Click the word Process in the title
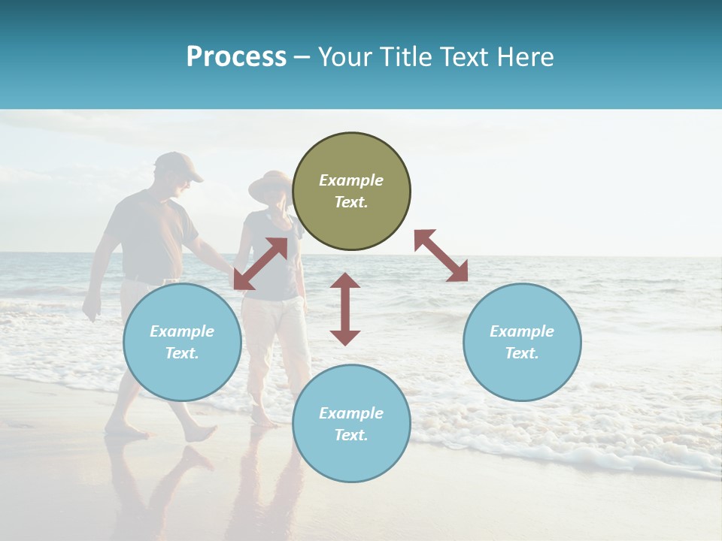(x=236, y=57)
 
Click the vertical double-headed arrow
(x=345, y=309)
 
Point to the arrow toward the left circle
(x=260, y=264)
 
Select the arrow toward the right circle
(x=441, y=255)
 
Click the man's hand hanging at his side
(x=92, y=307)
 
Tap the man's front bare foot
(x=198, y=434)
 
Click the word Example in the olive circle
(x=351, y=180)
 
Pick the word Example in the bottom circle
(x=351, y=413)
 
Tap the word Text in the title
(x=468, y=57)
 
